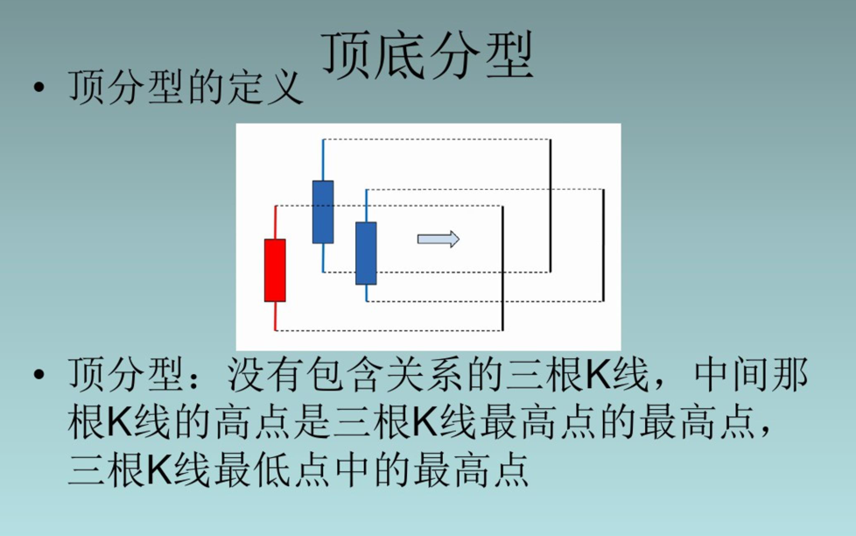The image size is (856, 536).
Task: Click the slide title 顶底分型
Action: pyautogui.click(x=428, y=55)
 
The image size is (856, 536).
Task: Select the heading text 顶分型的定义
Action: pyautogui.click(x=186, y=89)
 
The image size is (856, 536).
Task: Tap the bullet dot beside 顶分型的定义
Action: pyautogui.click(x=38, y=88)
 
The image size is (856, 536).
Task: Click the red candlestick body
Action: pyautogui.click(x=275, y=270)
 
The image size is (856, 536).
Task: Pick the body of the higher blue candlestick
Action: pyautogui.click(x=323, y=211)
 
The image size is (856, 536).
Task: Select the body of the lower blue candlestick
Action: pyautogui.click(x=366, y=253)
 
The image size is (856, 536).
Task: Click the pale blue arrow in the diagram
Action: pyautogui.click(x=438, y=239)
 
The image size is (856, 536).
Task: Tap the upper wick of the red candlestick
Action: pyautogui.click(x=276, y=222)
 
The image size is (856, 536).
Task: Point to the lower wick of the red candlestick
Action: pyautogui.click(x=276, y=316)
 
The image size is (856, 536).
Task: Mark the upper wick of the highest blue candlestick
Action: pyautogui.click(x=323, y=159)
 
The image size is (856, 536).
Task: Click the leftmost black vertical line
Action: pyautogui.click(x=502, y=268)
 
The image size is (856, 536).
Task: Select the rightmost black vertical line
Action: pyautogui.click(x=604, y=245)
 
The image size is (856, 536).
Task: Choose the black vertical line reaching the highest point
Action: pyautogui.click(x=550, y=205)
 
